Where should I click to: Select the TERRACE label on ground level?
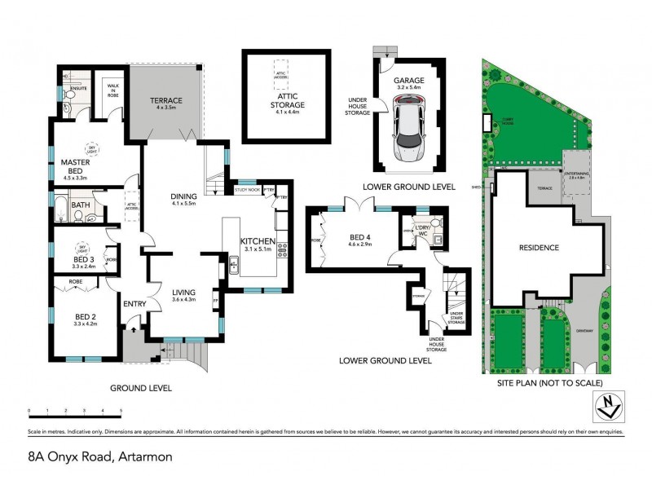click(165, 100)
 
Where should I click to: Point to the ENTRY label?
click(134, 305)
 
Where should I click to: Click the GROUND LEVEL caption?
click(143, 389)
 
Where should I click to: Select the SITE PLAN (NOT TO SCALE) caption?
click(550, 383)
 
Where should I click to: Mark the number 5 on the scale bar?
click(121, 410)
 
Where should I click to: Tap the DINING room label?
click(183, 196)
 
